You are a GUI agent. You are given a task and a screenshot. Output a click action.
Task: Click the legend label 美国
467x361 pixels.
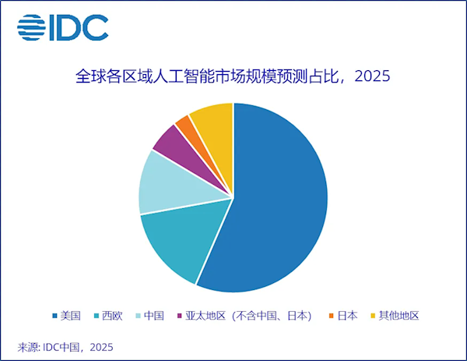tap(71, 316)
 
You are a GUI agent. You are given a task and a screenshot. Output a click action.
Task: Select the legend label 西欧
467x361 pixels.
tap(113, 316)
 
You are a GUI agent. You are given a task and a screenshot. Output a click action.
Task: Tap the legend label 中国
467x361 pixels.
tap(154, 316)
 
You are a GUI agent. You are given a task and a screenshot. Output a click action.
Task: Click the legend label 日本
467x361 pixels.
tap(348, 316)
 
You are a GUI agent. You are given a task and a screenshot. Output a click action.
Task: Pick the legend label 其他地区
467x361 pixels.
tap(399, 316)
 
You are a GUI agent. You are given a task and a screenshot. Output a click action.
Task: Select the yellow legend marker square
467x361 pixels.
tap(372, 316)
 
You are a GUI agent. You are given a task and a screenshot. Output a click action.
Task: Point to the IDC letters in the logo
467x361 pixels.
tap(79, 29)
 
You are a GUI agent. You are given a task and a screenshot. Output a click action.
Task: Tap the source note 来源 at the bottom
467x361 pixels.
tap(28, 346)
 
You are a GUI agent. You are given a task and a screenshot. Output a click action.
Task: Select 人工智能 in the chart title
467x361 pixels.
tap(184, 77)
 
